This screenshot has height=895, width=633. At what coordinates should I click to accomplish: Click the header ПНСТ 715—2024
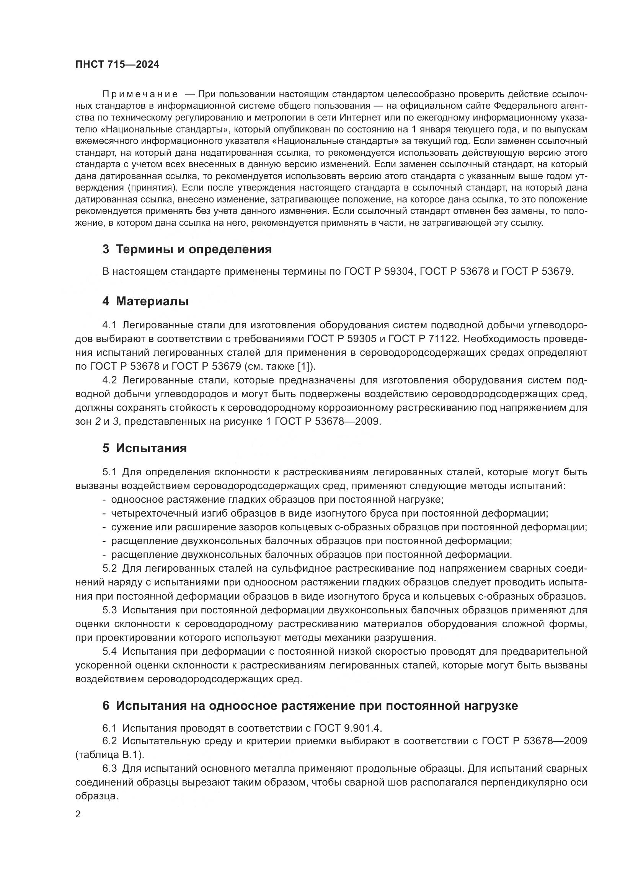pos(117,65)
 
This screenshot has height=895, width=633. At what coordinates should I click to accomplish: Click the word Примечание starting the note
pos(140,95)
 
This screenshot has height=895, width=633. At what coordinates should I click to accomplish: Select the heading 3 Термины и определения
pos(187,249)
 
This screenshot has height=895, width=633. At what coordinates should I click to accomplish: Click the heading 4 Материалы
pos(145,301)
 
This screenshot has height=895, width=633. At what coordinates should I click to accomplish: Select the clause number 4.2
pos(109,380)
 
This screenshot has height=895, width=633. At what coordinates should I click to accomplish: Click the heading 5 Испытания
pos(145,448)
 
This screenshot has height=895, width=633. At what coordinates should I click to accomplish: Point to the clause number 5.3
pos(109,610)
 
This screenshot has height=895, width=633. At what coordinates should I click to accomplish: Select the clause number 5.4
pos(109,651)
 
